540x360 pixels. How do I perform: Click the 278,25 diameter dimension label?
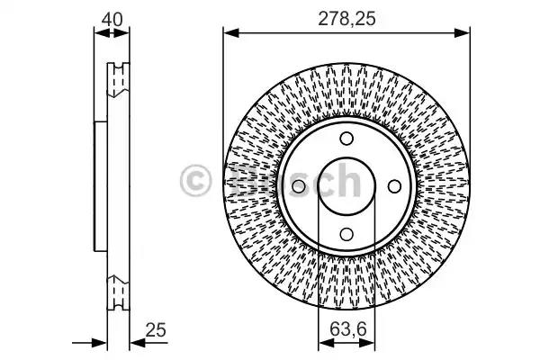346,19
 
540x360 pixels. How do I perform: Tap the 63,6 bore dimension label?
347,329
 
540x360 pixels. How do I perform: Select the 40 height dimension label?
112,19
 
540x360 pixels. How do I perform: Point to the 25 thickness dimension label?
156,330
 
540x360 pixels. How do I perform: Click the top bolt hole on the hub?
346,139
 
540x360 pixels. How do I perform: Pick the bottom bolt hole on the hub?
346,234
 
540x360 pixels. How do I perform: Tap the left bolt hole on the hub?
299,186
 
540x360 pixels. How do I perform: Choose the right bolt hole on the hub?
394,186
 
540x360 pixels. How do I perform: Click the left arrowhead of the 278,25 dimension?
231,33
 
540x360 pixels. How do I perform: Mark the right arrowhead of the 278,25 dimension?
462,33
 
